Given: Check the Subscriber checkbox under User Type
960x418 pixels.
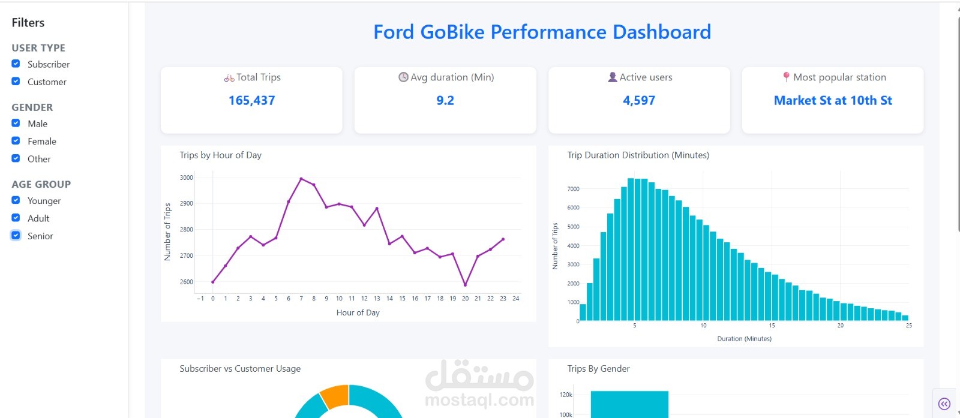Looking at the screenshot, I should (16, 64).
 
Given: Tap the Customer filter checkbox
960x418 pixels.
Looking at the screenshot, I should (16, 81).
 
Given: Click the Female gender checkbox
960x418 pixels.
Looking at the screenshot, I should (16, 141).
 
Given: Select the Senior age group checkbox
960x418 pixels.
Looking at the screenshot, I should (16, 236).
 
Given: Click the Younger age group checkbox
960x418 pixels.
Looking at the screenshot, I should (16, 200).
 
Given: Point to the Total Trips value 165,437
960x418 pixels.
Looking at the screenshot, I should (251, 101).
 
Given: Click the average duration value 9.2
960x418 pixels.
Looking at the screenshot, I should (445, 101).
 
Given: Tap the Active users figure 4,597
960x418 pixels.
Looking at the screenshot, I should (639, 101).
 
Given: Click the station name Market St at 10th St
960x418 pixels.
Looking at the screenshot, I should (833, 101).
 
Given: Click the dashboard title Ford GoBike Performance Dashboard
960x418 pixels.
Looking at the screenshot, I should (542, 32).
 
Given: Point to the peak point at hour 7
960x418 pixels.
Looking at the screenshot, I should (301, 179).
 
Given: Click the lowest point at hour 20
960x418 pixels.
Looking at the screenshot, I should (465, 285).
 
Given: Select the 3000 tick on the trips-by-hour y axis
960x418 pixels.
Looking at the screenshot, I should (187, 178).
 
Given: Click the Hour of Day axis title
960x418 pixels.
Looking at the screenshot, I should (358, 312).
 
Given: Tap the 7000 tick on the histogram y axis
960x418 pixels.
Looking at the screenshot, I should (573, 189).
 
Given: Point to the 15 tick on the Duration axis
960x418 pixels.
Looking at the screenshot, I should (772, 326).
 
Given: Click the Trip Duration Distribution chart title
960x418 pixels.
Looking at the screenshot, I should (638, 155).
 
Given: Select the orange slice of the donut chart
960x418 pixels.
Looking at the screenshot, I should (335, 395).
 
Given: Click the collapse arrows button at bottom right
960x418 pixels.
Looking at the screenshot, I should (944, 404).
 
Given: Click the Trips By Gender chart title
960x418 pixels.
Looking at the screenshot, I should (598, 369).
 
